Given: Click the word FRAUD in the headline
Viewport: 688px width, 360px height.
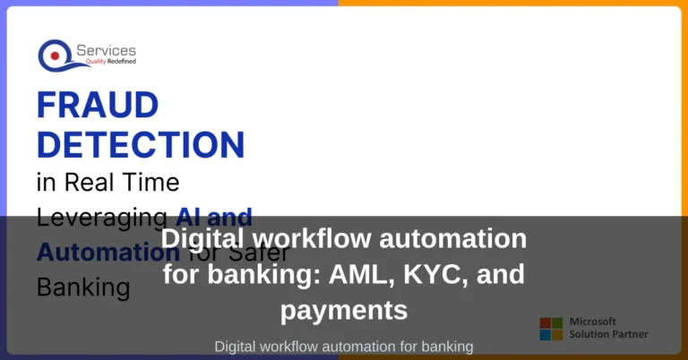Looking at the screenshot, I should click(x=98, y=107).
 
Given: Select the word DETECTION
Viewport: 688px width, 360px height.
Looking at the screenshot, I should click(x=141, y=144).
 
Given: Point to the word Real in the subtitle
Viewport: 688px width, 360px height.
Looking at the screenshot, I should click(x=88, y=183).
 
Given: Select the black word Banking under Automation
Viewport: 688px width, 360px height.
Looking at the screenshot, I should click(x=82, y=287).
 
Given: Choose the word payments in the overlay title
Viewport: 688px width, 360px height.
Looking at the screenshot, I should click(x=344, y=310).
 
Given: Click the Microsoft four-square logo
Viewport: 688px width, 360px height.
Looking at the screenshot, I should click(x=551, y=328).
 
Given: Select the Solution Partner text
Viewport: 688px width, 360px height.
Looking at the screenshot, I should click(x=609, y=335).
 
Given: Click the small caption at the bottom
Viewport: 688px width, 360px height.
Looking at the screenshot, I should click(x=344, y=346).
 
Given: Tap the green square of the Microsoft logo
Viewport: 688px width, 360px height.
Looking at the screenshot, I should click(x=557, y=321).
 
